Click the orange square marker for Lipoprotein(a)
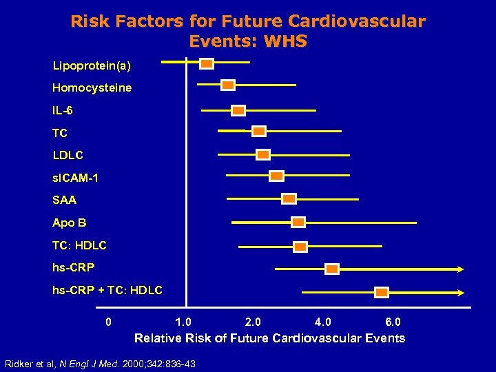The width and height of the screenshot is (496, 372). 207,64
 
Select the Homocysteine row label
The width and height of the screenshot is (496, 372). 92,88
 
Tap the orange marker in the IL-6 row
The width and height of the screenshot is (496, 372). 238,110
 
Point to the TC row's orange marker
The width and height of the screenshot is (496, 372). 259,131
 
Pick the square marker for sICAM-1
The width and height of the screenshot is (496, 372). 276,176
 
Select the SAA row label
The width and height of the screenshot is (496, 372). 65,200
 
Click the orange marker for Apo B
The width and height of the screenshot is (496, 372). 298,222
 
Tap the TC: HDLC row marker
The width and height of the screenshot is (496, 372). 300,247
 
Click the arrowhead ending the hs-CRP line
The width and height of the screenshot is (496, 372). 460,269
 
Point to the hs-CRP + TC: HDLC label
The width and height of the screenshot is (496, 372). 107,291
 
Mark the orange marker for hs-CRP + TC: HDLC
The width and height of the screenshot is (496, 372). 381,292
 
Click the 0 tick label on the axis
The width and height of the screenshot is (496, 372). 107,322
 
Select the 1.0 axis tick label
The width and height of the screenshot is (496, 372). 183,322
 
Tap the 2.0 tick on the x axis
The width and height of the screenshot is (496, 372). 253,322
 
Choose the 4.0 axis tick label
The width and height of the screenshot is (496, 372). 322,322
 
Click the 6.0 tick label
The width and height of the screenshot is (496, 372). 393,322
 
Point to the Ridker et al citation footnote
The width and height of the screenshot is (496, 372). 100,363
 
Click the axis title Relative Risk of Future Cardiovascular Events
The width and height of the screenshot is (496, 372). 269,338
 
